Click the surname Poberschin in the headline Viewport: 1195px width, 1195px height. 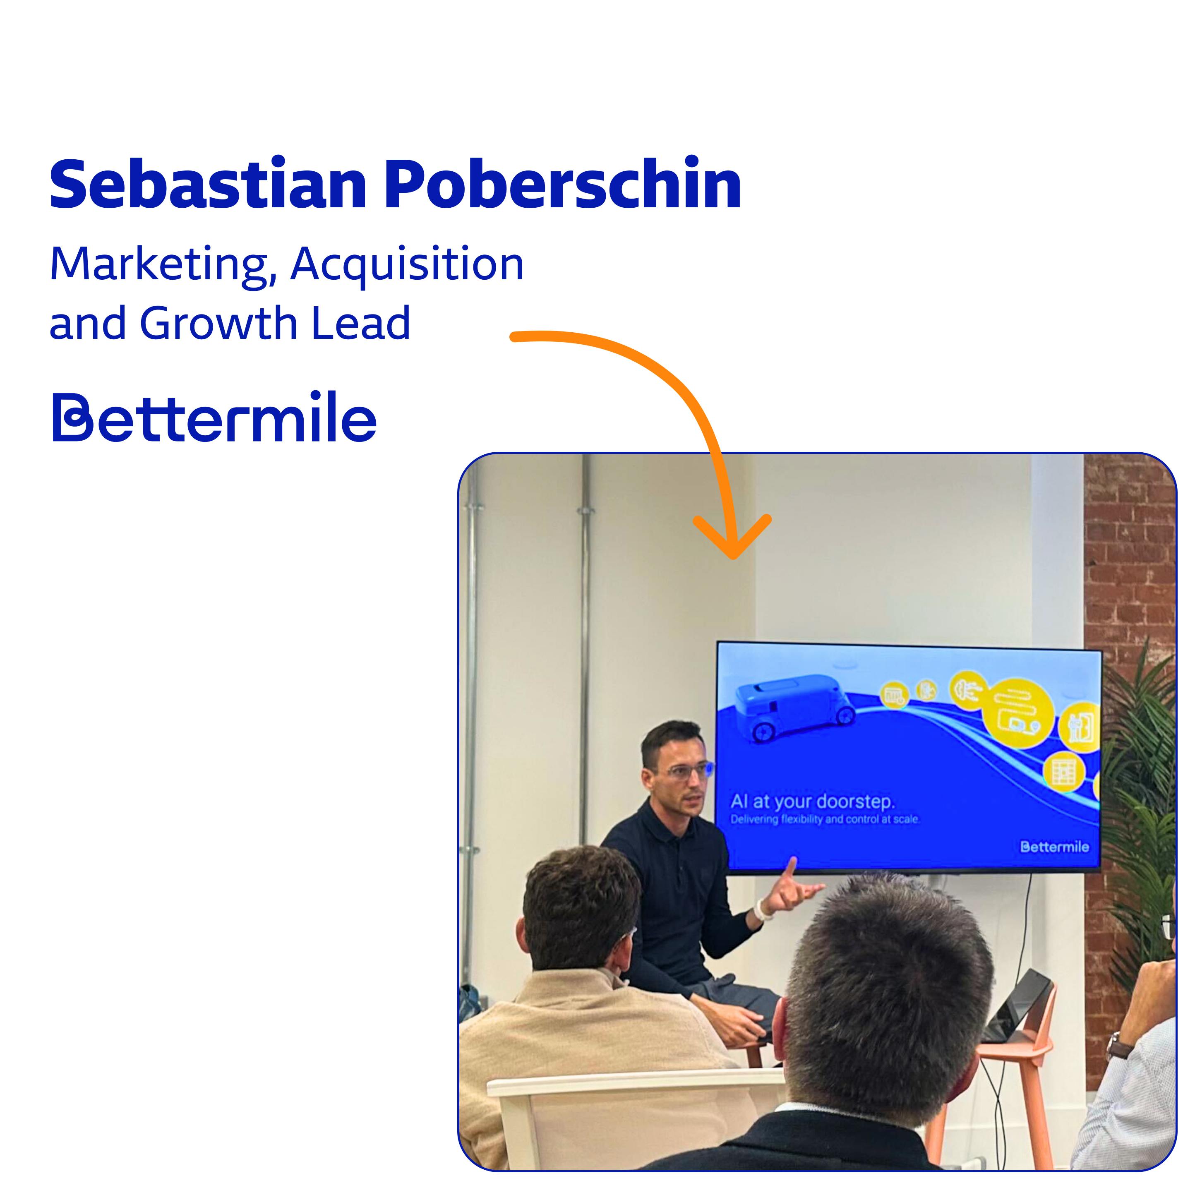tap(563, 184)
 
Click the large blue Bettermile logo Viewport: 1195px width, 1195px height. tap(214, 416)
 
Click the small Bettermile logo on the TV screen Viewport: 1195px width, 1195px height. tap(1055, 847)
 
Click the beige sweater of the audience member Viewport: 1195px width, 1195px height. tap(588, 1076)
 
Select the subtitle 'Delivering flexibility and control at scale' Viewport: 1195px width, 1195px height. tap(825, 820)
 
